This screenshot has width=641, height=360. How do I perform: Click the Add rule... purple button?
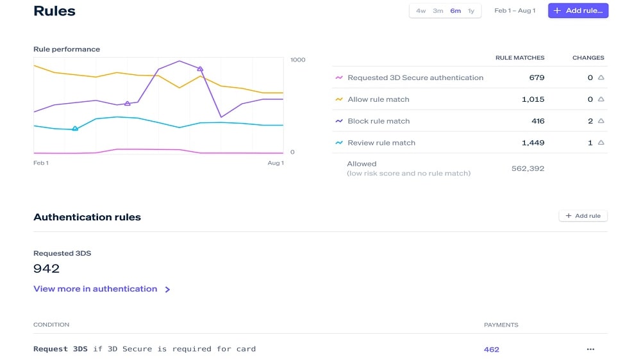pos(578,11)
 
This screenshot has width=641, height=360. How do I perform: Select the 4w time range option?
pos(420,11)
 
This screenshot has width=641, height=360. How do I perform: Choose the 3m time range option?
pos(438,11)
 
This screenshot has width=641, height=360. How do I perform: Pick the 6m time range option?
pos(455,11)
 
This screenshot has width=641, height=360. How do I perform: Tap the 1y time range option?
pos(471,11)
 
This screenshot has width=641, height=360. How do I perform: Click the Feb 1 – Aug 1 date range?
pos(515,11)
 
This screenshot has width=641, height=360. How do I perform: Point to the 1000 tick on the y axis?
pos(298,60)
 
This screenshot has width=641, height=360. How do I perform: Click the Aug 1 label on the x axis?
pos(276,163)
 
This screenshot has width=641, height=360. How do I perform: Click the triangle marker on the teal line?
pos(75,129)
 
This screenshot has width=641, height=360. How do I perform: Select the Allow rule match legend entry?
pos(378,99)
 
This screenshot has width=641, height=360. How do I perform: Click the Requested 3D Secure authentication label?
pos(415,78)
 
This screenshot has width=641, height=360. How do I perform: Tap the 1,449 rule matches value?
pos(533,143)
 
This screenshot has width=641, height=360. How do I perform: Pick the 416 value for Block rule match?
pos(538,121)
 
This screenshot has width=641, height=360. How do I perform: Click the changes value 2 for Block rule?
pos(590,121)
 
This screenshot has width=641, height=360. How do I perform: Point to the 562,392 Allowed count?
pos(528,168)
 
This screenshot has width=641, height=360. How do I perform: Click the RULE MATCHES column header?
pos(520,58)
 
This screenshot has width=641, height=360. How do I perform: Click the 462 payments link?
pos(492,350)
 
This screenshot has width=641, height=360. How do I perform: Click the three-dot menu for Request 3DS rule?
pos(590,349)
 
